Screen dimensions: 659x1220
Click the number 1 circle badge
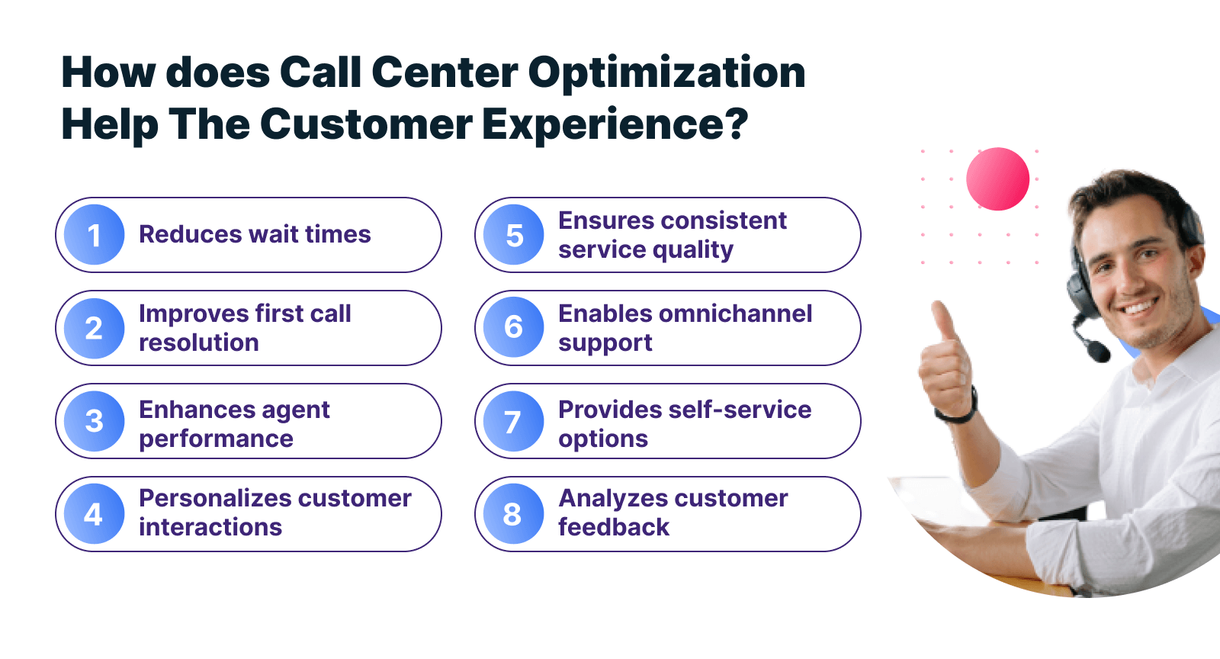pyautogui.click(x=94, y=235)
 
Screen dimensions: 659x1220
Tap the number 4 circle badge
pyautogui.click(x=94, y=514)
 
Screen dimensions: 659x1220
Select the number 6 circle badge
pyautogui.click(x=513, y=328)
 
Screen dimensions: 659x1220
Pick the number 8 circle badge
pyautogui.click(x=513, y=514)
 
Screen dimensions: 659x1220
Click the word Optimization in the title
pyautogui.click(x=666, y=74)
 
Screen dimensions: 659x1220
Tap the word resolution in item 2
pyautogui.click(x=198, y=342)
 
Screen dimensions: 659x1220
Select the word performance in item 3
pyautogui.click(x=216, y=439)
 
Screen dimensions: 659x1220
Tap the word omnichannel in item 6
pyautogui.click(x=735, y=313)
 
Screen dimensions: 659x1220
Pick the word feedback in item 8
pyautogui.click(x=614, y=527)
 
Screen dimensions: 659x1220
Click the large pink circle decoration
pyautogui.click(x=997, y=179)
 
